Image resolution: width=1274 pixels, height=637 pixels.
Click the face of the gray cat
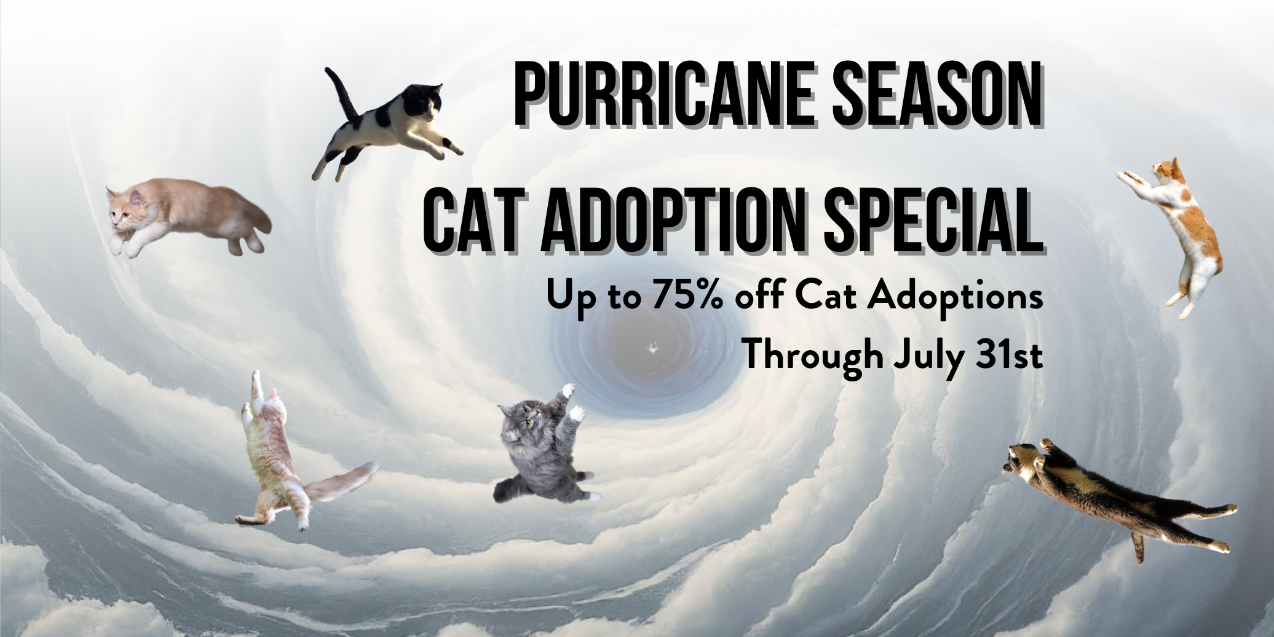point(518,422)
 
